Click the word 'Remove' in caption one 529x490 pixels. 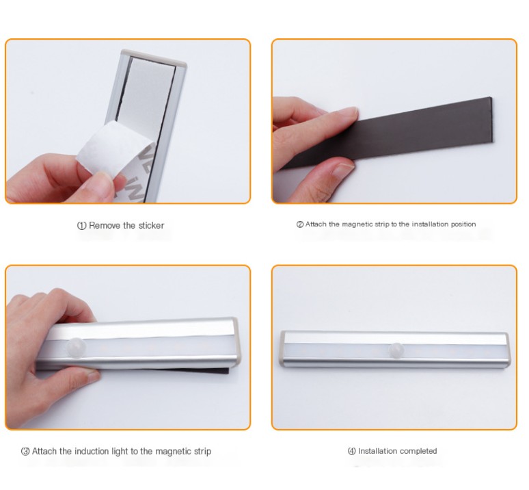click(x=103, y=225)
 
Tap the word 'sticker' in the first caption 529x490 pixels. click(x=150, y=225)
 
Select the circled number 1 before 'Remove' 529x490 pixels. click(x=81, y=226)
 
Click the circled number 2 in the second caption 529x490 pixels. click(x=299, y=224)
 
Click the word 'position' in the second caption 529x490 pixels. click(x=462, y=224)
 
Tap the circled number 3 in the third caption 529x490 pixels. click(x=25, y=452)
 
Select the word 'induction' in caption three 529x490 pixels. click(x=91, y=452)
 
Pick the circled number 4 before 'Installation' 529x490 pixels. click(x=352, y=451)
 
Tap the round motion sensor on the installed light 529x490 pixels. click(x=395, y=348)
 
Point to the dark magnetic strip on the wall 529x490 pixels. click(x=424, y=130)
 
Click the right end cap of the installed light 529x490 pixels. click(x=506, y=348)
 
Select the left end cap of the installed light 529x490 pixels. click(x=282, y=348)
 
